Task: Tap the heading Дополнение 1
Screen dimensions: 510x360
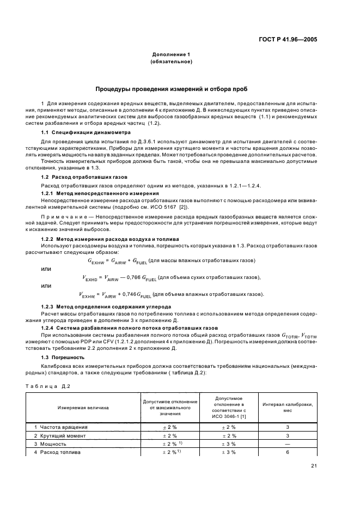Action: [170, 55]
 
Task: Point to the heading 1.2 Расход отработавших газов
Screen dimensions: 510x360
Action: [75, 178]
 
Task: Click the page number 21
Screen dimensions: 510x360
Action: [314, 481]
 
